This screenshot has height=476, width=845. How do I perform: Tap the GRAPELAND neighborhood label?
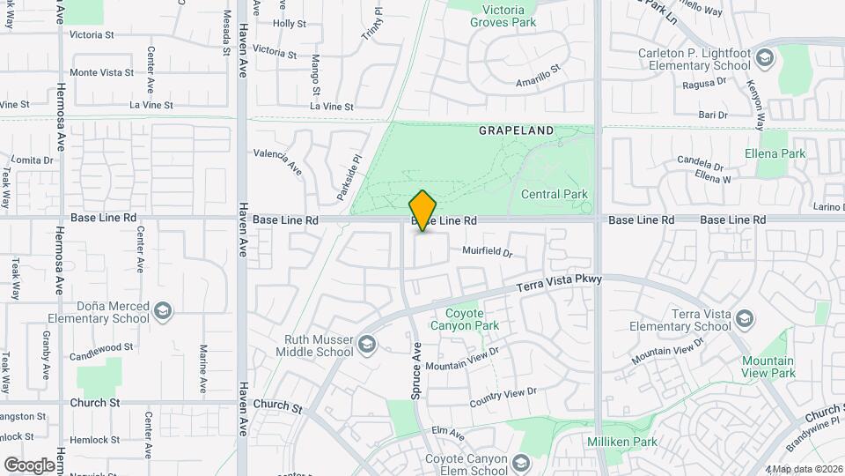tap(516, 130)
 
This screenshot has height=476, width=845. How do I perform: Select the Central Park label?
tap(554, 194)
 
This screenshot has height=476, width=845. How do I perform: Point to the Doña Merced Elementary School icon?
tap(163, 311)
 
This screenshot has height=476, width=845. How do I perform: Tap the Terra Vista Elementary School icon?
tap(745, 318)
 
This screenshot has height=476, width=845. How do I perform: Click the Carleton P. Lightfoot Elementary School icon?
tap(765, 59)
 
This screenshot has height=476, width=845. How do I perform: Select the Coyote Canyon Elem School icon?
tap(521, 463)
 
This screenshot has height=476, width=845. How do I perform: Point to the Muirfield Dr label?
tap(488, 251)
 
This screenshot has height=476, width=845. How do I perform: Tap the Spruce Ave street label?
tap(417, 370)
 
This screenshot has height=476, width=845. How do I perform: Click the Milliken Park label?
tap(622, 441)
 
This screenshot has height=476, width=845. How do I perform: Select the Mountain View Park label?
tap(768, 367)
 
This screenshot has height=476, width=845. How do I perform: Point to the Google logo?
tap(29, 465)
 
